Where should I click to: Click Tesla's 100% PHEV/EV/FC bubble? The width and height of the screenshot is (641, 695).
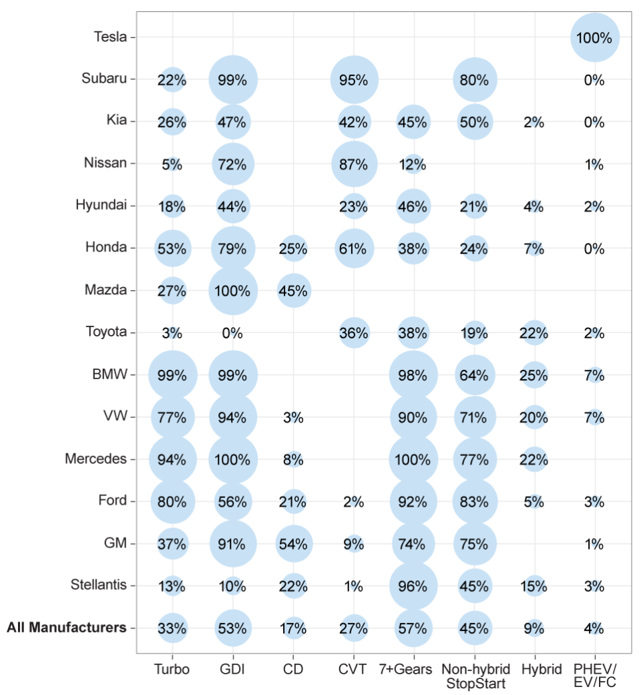point(594,37)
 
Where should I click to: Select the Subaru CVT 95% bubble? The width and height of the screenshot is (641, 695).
point(354,79)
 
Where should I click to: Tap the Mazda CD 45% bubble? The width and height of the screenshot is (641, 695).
point(293,290)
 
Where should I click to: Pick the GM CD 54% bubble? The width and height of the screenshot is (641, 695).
point(293,543)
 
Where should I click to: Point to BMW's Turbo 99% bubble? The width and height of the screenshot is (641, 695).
point(172,375)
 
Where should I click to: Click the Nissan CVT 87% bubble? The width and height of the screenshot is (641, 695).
point(354,164)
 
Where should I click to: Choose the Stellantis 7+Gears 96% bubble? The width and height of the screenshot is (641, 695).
point(413,586)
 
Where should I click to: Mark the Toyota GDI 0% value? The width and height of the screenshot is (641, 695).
point(232,333)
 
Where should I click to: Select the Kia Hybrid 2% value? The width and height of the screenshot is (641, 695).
point(534,122)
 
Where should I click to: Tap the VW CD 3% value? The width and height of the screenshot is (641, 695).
point(293,418)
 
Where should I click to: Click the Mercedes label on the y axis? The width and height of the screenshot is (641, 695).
point(95,459)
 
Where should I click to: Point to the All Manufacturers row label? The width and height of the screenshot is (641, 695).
point(67,628)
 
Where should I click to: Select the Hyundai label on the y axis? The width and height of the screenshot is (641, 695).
point(101,205)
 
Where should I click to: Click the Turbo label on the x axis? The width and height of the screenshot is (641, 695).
point(172,670)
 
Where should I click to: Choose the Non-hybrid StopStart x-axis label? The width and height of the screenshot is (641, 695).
point(475,676)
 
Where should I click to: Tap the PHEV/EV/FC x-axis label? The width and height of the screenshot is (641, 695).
point(594,676)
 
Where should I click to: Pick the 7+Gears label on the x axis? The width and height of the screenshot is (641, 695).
point(405,670)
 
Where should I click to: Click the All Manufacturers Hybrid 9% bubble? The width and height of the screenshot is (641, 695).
point(534,628)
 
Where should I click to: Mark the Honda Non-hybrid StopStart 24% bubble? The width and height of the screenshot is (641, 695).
point(474,248)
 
